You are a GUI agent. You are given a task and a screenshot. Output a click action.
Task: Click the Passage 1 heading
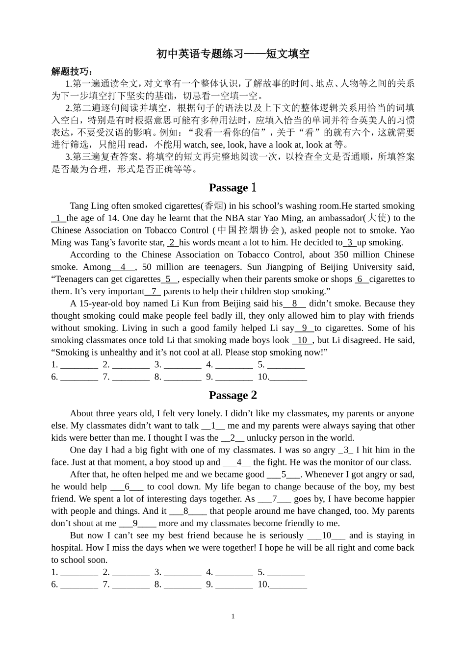(233, 188)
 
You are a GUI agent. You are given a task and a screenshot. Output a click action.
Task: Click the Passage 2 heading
(233, 395)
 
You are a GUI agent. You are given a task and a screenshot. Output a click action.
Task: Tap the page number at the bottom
(233, 616)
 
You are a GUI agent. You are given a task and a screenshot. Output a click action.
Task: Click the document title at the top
(233, 54)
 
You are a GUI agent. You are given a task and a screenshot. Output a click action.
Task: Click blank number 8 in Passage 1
(294, 304)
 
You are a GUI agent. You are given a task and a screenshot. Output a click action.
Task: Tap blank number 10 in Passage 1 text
(302, 340)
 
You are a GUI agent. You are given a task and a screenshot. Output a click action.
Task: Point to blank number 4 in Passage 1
(123, 267)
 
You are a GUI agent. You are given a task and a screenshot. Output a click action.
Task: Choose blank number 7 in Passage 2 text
(275, 499)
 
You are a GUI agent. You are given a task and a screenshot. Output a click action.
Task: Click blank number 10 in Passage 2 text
(327, 535)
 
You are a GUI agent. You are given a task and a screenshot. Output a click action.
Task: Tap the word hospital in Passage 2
(67, 548)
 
